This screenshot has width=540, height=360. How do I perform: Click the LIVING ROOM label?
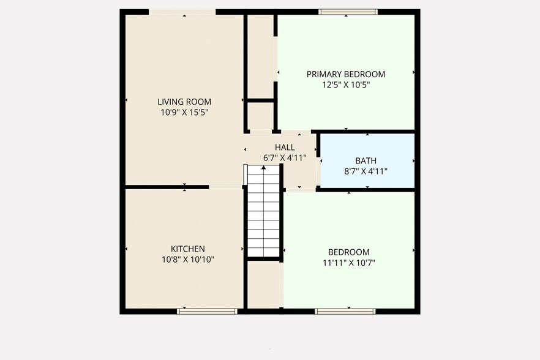coord(184,102)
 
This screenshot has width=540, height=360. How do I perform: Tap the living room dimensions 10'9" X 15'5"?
coord(184,113)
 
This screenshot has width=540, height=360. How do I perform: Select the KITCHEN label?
coord(187,249)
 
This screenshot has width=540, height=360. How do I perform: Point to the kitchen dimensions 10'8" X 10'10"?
coord(187,260)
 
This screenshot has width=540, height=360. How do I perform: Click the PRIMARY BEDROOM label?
coord(346,74)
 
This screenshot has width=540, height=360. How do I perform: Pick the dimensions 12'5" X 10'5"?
coord(346,85)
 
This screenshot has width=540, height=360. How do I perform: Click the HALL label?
coord(285,147)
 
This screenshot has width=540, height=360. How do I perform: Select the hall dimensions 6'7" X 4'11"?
coord(285,157)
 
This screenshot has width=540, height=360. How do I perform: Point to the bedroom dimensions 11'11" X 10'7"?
coord(349,263)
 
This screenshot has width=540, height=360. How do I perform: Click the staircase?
coord(264,214)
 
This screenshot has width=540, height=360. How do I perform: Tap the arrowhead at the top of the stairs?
coord(264,167)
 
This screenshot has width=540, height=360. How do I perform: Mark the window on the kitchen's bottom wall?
coord(207,311)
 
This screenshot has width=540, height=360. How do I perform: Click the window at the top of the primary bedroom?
coord(348,12)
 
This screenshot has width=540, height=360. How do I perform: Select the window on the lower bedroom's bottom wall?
coord(345,311)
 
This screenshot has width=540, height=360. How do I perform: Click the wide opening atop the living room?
coord(182,12)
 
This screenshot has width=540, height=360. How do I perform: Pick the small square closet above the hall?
coord(260,116)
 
